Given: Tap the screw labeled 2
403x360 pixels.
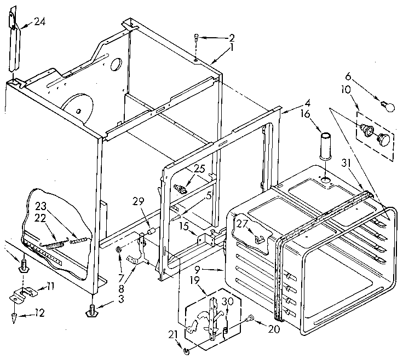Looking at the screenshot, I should click(x=196, y=38).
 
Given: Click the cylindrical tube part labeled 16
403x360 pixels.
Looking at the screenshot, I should click(x=326, y=145).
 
